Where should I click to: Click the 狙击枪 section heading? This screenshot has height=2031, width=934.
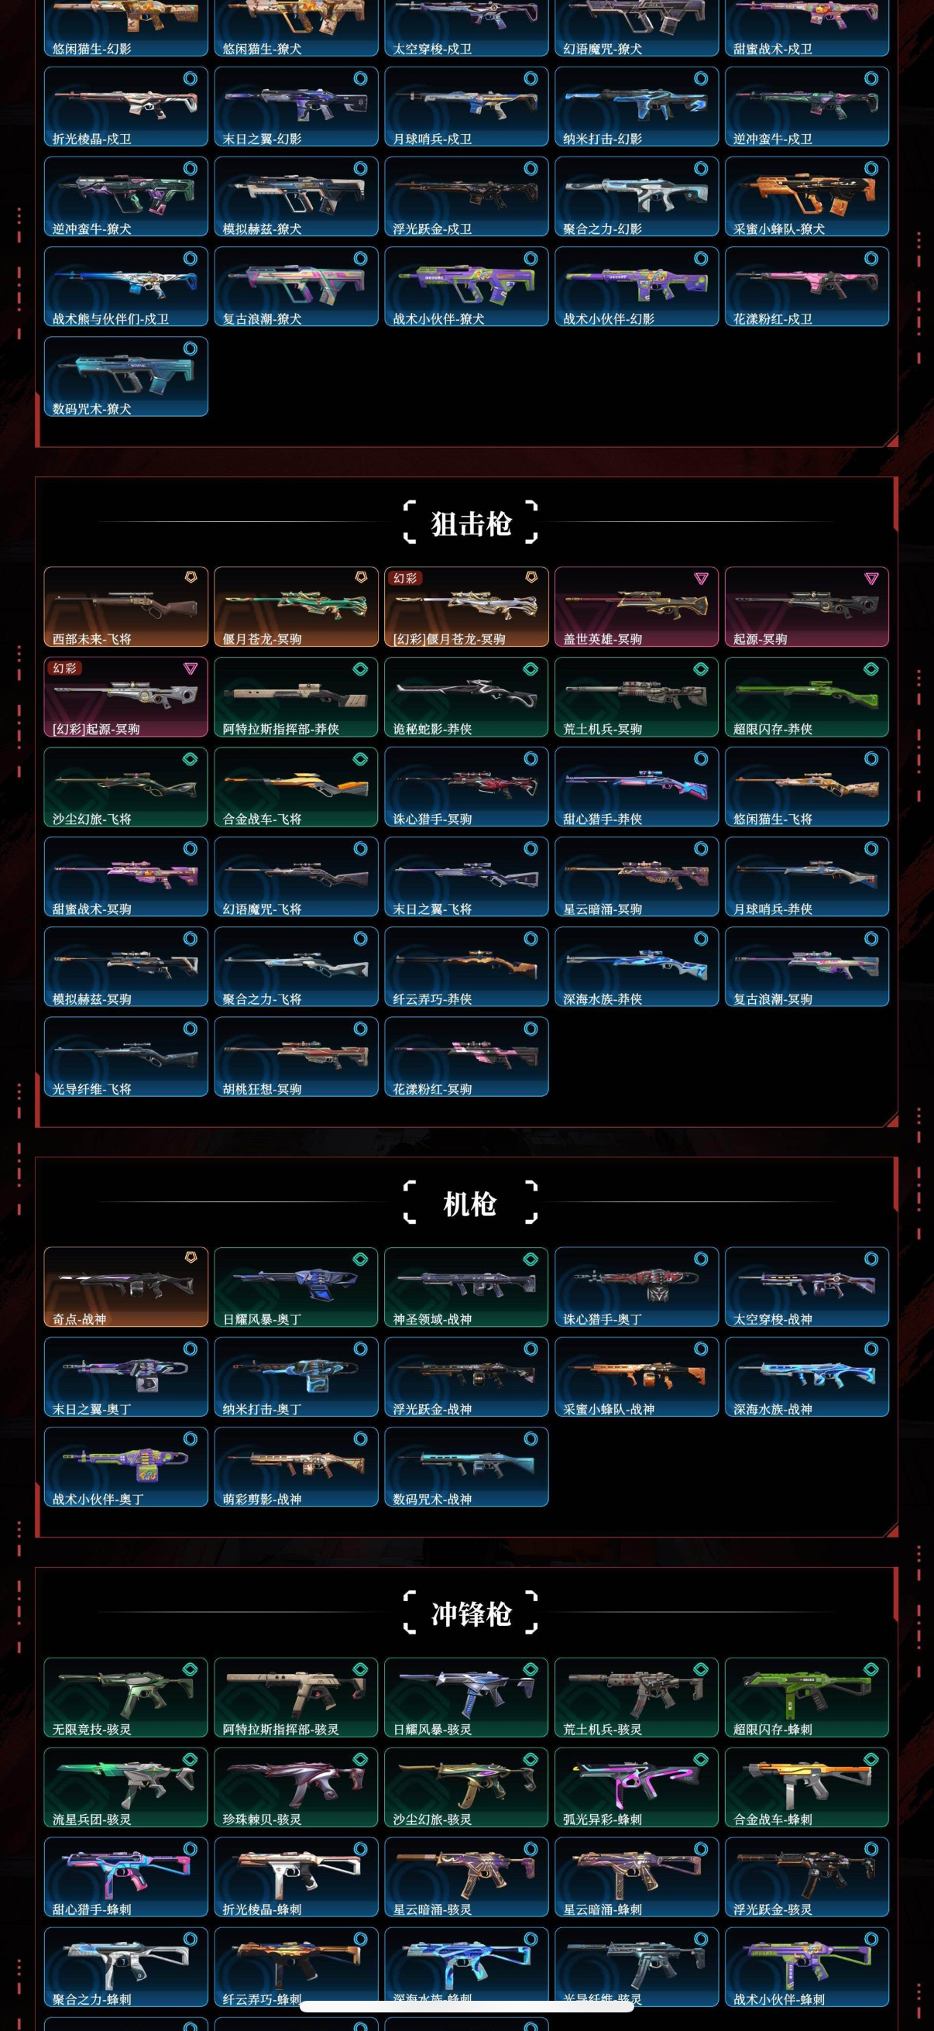tap(471, 524)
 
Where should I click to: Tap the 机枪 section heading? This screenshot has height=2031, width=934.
tap(471, 1204)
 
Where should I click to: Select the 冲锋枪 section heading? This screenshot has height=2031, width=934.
tap(471, 1614)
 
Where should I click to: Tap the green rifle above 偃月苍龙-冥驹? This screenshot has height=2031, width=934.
tap(295, 605)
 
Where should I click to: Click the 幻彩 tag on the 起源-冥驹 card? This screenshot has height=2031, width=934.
tap(64, 668)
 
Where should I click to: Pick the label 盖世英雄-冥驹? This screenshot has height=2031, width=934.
tap(603, 638)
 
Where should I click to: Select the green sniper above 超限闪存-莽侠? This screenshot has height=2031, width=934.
tap(805, 695)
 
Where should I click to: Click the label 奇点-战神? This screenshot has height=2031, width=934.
tap(80, 1319)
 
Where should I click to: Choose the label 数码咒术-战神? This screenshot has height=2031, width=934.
tap(433, 1499)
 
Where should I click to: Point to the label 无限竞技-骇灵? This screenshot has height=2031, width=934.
tap(92, 1729)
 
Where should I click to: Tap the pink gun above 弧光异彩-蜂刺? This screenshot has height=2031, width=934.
tap(635, 1785)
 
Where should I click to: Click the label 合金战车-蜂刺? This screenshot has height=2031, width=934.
tap(773, 1819)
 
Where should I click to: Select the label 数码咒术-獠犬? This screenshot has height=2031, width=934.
tap(92, 408)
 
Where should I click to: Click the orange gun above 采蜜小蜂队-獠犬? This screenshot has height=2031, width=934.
tap(805, 192)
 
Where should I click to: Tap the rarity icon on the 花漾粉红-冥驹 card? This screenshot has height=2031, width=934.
tap(531, 1029)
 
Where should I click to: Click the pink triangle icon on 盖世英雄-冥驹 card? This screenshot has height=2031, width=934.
tap(701, 579)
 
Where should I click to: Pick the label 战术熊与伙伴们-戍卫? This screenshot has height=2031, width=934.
tap(111, 318)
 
